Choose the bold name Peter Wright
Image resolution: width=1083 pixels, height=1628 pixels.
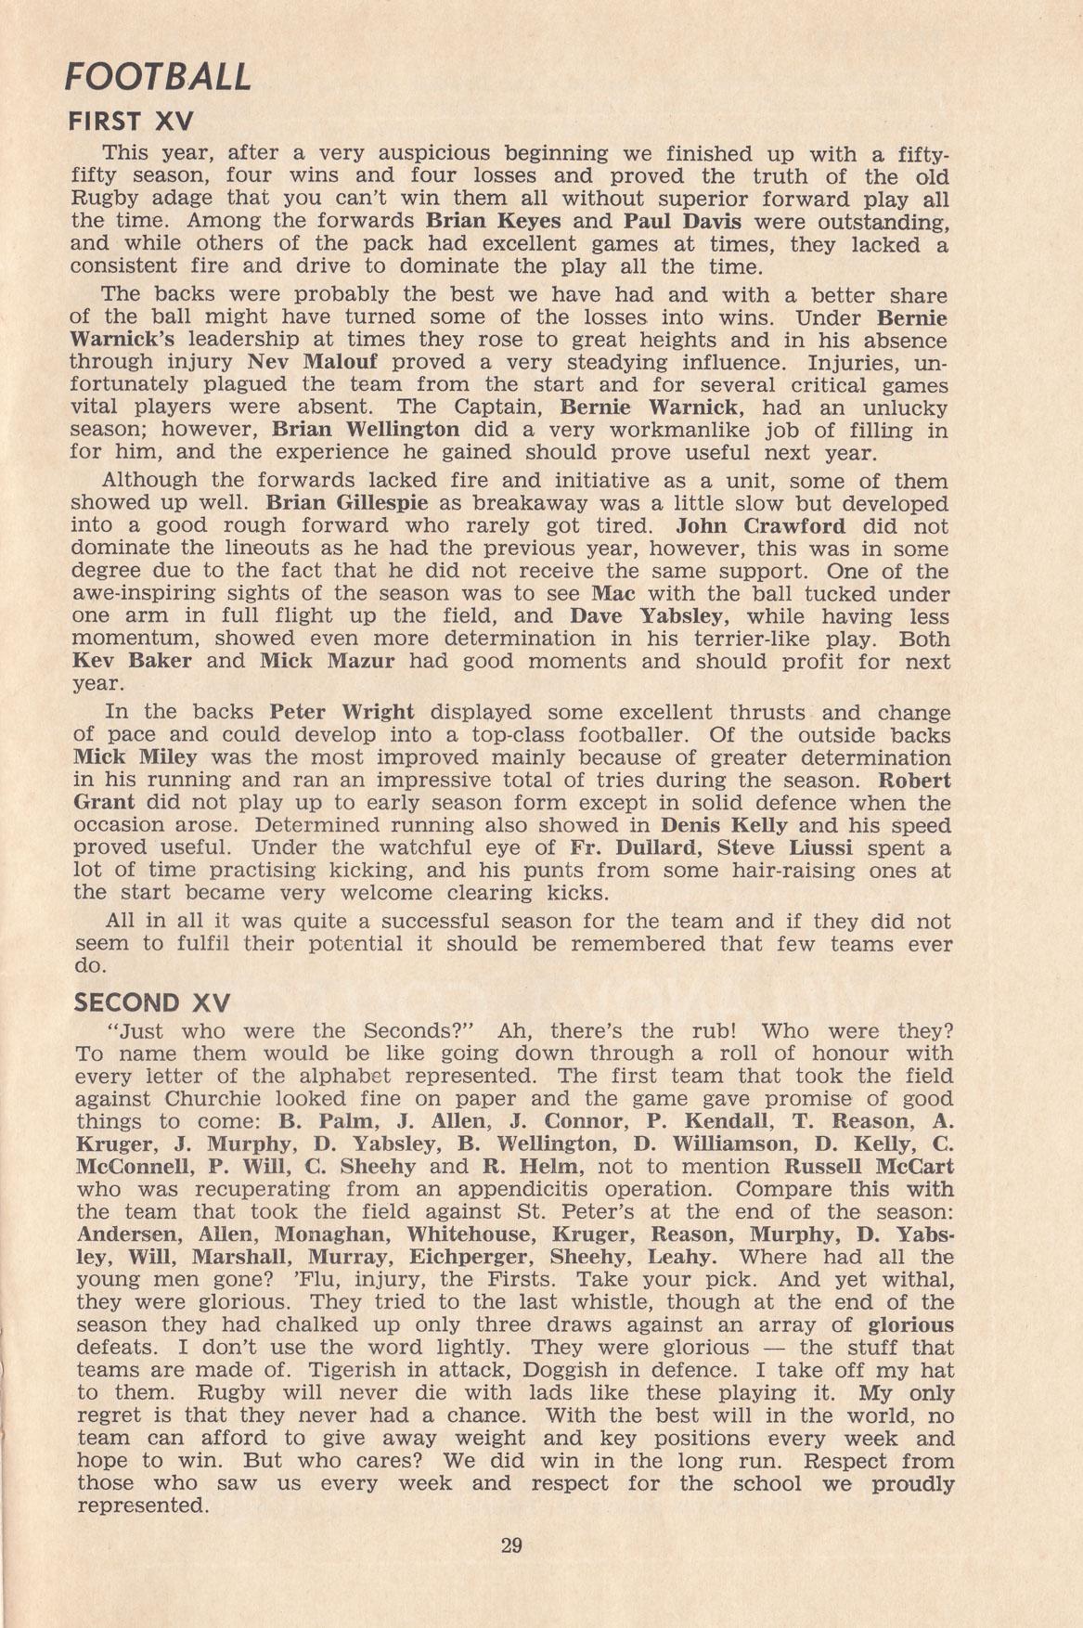pos(342,713)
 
